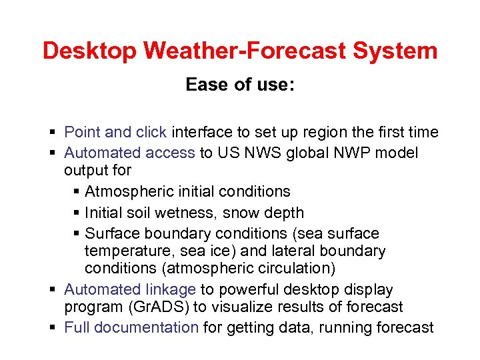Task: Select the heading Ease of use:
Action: [x=240, y=85]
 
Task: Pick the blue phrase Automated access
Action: [x=129, y=153]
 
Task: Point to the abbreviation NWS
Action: [x=263, y=153]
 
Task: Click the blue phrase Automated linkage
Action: [x=130, y=289]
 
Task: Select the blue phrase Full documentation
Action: [x=131, y=327]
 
